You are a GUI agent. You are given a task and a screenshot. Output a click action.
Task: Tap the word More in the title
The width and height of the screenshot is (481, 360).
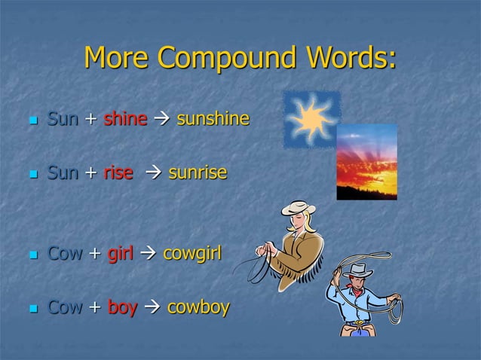point(116,58)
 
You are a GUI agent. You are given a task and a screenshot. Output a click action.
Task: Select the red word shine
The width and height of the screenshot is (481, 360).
point(125,119)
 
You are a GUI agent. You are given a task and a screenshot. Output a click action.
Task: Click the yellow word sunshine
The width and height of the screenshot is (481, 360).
point(213,119)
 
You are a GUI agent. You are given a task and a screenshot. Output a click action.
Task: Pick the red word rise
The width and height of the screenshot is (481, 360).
point(118,174)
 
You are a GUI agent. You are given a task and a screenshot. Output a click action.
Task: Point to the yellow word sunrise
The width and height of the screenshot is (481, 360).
point(197,174)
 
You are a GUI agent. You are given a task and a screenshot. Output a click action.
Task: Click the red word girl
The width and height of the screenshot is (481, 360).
point(120,253)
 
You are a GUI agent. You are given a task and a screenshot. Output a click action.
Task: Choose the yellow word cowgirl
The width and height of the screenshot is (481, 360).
point(192,253)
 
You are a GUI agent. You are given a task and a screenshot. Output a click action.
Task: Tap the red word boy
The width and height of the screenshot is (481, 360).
point(122,307)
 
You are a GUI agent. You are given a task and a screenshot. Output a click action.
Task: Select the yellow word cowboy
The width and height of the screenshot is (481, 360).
point(198,307)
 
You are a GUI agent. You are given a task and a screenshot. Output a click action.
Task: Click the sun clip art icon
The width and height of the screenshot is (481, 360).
point(311,119)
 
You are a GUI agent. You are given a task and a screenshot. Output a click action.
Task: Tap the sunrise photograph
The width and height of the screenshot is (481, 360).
point(366,163)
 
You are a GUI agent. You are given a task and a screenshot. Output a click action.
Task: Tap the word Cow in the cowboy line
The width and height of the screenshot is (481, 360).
point(64,307)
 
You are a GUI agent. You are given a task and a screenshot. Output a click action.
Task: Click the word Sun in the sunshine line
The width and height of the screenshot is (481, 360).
point(63,119)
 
